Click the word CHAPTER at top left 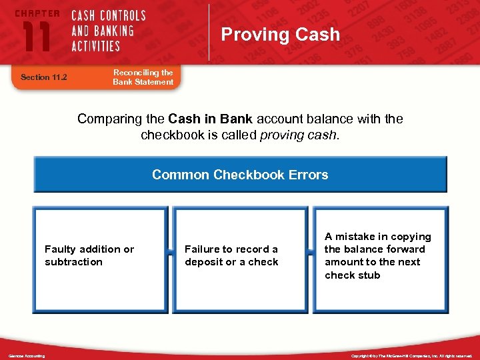(37, 13)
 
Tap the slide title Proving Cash (280, 35)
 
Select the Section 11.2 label (44, 77)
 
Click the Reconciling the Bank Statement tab (143, 77)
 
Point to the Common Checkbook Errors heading (240, 175)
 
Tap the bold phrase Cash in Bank (210, 119)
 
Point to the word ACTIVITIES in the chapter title (96, 46)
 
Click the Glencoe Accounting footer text (27, 356)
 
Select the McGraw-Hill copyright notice (412, 356)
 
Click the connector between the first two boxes (170, 253)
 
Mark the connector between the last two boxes (311, 253)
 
